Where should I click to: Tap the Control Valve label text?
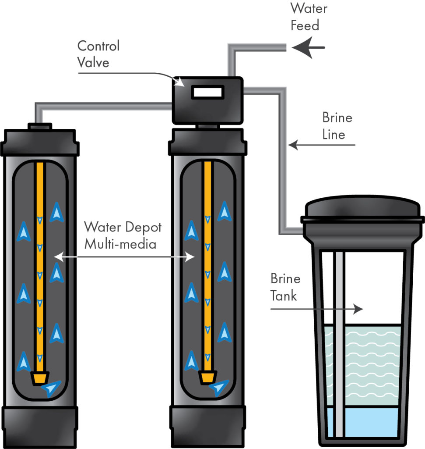(98, 53)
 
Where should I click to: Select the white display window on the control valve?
(208, 92)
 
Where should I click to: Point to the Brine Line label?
(337, 125)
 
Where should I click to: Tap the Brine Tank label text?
(285, 287)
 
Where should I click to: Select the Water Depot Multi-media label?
(123, 235)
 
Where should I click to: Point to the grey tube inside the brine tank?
(339, 342)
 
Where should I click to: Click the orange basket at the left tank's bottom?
(40, 378)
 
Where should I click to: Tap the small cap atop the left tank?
(40, 126)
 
